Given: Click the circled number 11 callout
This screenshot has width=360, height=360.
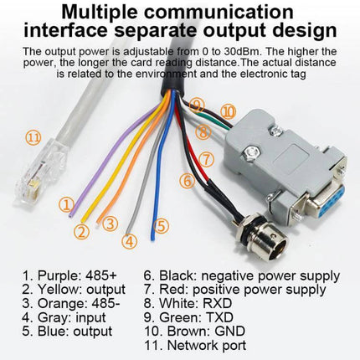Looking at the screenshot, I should pos(33,137).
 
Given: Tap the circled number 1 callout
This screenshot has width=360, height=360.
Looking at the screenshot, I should pos(66,203).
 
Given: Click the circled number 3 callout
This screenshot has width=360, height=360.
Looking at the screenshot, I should pos(111,222).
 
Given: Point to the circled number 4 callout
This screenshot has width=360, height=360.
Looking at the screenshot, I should pos(128,242).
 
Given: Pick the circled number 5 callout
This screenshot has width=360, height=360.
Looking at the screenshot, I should pos(162,225).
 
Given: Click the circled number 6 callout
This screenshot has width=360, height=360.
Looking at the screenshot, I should pos(188,179).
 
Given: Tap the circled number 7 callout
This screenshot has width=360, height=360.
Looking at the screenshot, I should pos(207,157).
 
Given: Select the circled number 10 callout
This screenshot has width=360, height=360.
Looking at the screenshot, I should pos(228,111).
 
